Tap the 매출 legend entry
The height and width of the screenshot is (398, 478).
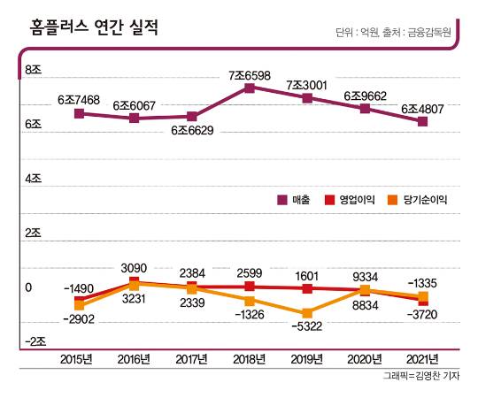coord(296,200)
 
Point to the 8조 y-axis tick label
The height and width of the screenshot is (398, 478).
coord(34,71)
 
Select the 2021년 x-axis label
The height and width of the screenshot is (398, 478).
coord(421,359)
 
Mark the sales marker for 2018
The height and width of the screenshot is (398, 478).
coord(250,88)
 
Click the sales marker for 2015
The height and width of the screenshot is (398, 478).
coord(80,113)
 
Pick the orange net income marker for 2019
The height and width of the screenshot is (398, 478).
coord(307,313)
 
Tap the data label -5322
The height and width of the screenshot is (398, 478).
coord(307,327)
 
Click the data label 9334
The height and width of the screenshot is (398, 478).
coord(366,275)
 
